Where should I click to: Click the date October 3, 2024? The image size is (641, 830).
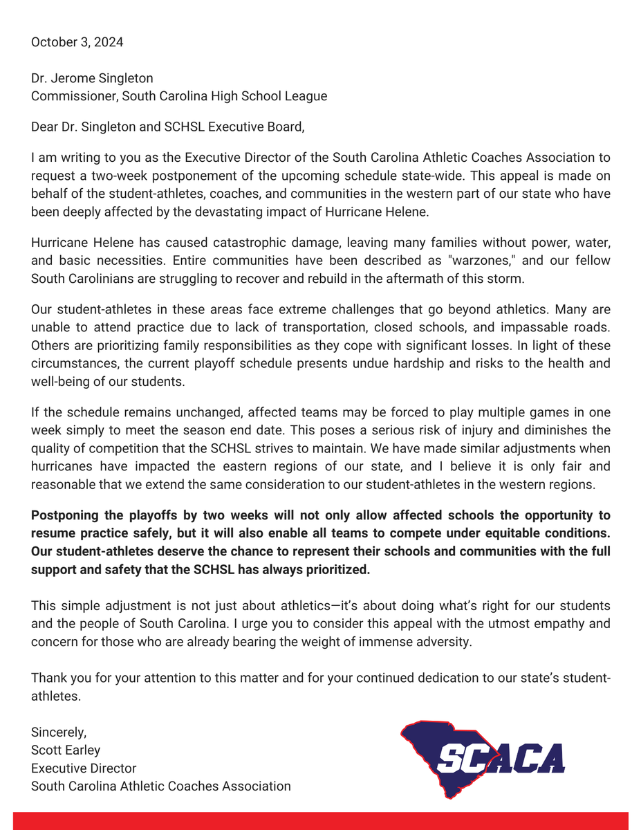pos(77,42)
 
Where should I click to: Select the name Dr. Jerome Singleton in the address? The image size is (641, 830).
pos(92,78)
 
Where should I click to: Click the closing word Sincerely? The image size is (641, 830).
pos(59,732)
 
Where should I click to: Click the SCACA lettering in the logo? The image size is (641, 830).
pos(501,758)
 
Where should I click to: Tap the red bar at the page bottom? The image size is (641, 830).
pos(320,821)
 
